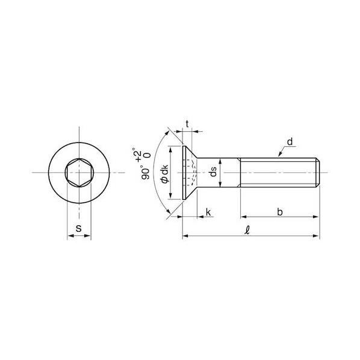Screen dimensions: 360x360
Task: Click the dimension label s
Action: (79, 228)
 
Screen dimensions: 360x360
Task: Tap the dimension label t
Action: (187, 124)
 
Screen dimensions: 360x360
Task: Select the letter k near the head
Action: (208, 212)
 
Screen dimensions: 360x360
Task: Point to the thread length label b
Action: (280, 212)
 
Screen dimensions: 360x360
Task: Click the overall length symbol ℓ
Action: (247, 231)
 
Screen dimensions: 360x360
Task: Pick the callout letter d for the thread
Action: (290, 141)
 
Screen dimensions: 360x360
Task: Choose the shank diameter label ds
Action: (213, 172)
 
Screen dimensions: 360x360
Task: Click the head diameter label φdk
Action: (164, 174)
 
